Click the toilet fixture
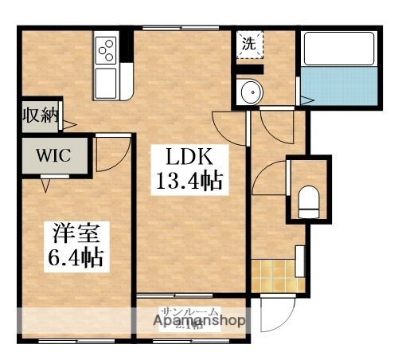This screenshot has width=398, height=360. coord(308,202)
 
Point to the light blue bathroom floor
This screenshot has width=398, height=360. coord(338,85)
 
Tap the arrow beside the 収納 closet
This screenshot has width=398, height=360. coord(69,125)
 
